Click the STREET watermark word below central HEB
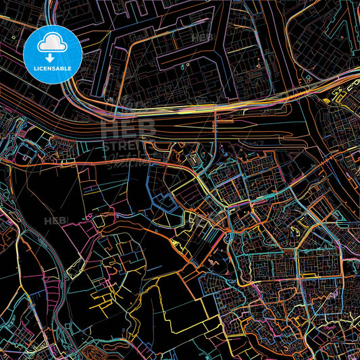point(125,147)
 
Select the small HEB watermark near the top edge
point(202,38)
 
